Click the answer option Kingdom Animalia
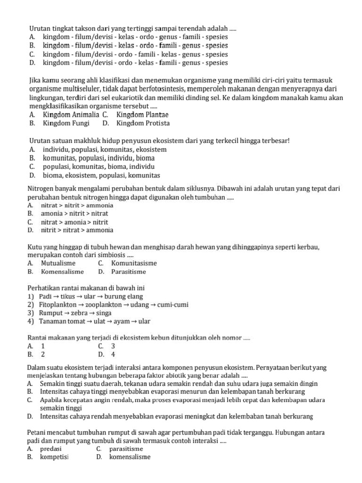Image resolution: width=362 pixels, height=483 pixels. pos(71,115)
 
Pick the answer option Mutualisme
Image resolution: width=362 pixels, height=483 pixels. pos(58,263)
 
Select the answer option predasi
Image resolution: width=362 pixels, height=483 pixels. pos(51,449)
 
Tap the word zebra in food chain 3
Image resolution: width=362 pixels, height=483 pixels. pos(81,313)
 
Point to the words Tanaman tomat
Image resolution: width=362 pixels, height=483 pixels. pos(62,322)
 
